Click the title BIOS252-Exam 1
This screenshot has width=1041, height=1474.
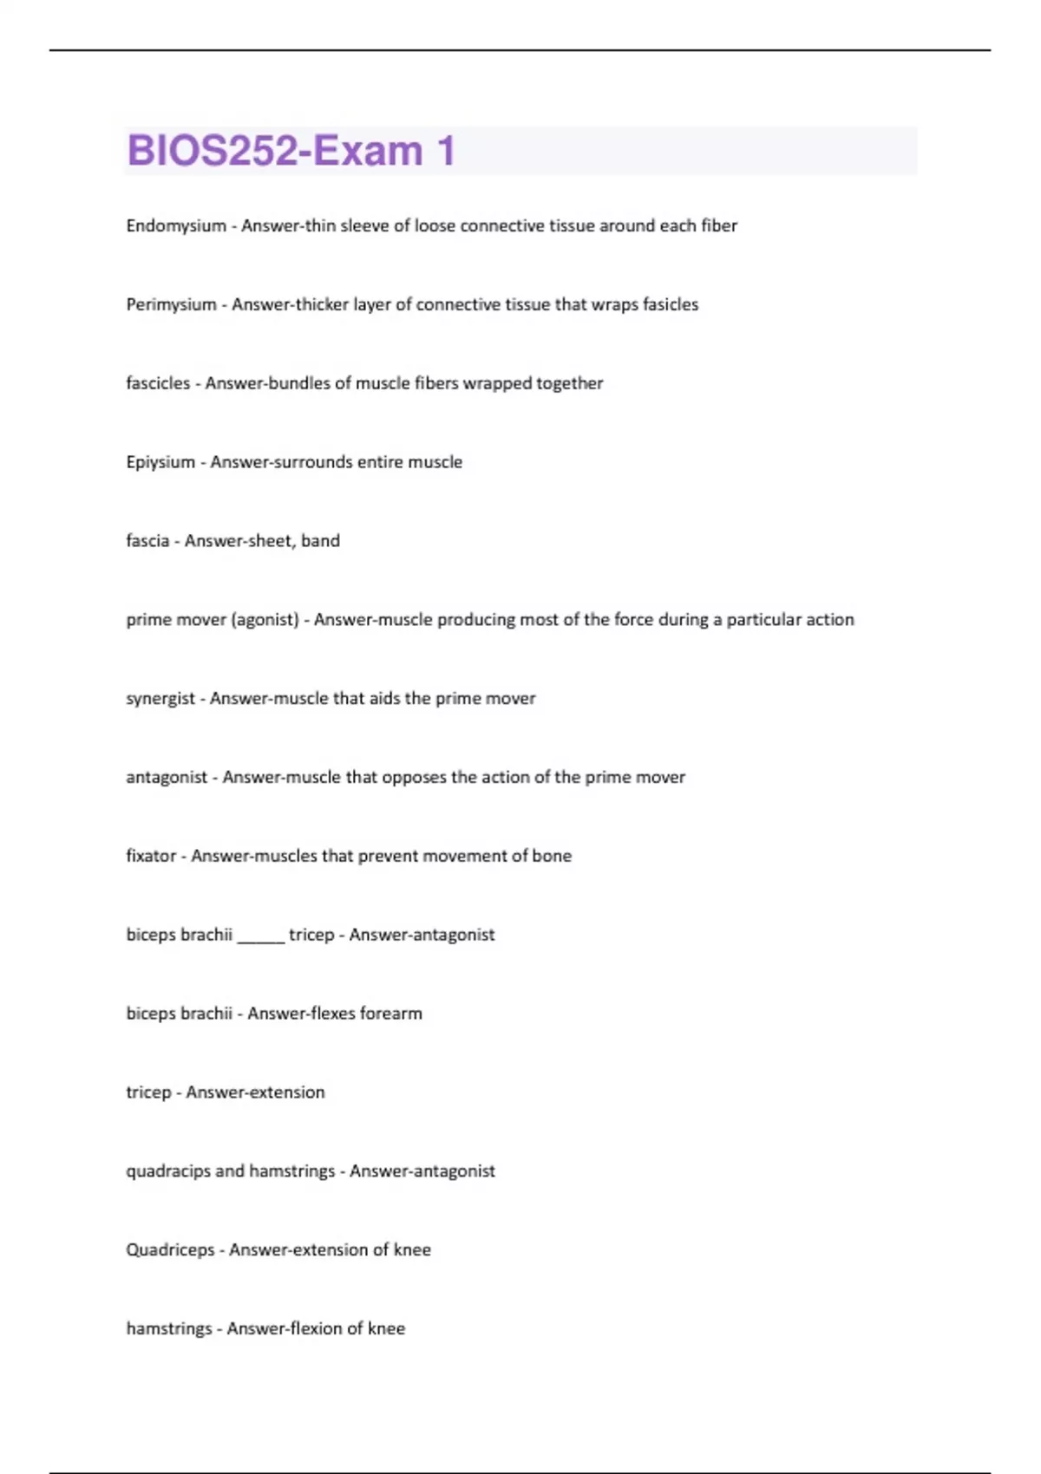coord(291,151)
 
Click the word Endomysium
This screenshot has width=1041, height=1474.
coord(175,226)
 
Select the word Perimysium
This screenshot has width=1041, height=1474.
coord(171,305)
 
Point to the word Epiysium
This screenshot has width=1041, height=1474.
coord(160,463)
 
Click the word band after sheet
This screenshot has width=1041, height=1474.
coord(320,541)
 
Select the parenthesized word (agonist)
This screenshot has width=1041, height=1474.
coord(265,620)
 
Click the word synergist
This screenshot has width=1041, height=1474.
coord(160,699)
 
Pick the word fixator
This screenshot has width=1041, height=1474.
coord(151,857)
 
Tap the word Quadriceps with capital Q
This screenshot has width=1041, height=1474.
coord(170,1250)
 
